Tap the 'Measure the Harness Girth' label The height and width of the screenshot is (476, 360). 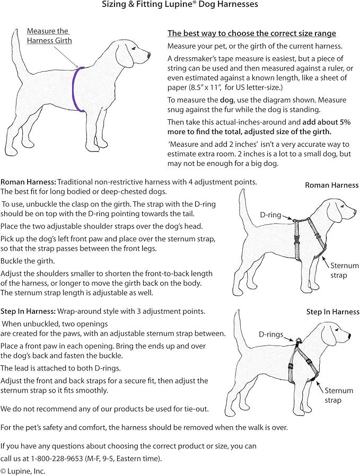point(49,36)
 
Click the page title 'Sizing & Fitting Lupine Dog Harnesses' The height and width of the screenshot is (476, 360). point(180,5)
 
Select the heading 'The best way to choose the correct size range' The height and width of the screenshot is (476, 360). point(251,33)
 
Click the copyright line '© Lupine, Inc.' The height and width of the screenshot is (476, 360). point(23,471)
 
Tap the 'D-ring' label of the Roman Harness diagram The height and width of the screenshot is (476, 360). point(270,216)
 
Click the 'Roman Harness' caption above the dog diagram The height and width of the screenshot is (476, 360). point(331,185)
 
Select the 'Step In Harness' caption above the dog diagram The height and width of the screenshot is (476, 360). point(332,312)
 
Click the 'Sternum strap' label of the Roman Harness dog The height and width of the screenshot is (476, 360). point(344,270)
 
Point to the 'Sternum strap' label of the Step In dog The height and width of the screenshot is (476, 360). point(338,395)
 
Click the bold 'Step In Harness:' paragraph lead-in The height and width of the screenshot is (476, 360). point(28,311)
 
